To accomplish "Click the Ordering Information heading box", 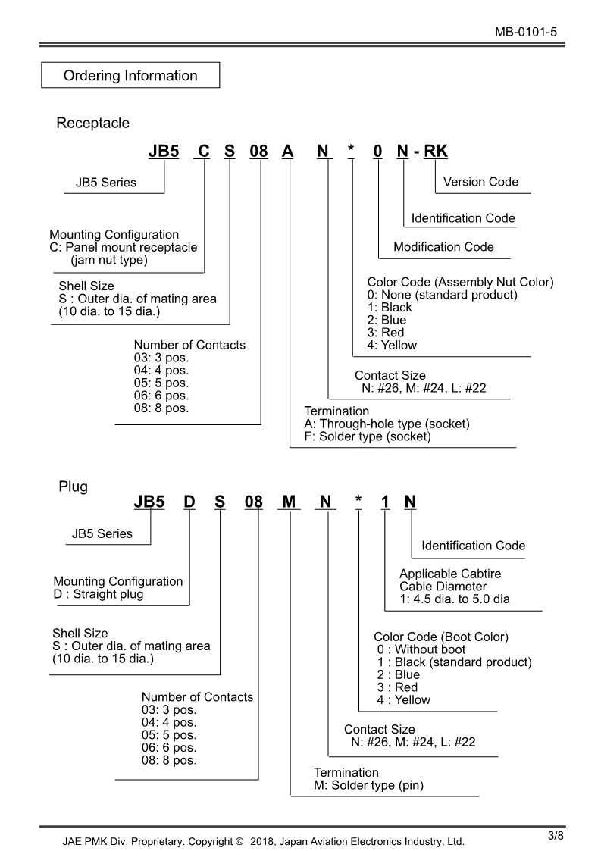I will click(x=130, y=76).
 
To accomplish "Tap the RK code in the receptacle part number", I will click(x=436, y=151).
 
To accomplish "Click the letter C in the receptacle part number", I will click(x=203, y=151).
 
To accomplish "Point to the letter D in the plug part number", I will click(x=189, y=502).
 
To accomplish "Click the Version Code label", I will click(x=480, y=182).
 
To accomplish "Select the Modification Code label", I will click(x=443, y=247).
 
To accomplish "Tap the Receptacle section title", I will click(x=92, y=123).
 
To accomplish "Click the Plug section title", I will click(x=73, y=487).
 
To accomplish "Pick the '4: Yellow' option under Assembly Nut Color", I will click(x=392, y=346).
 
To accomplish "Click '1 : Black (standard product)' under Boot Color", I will click(x=454, y=662).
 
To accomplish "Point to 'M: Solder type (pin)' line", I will click(x=368, y=786).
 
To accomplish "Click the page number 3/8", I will click(x=556, y=836).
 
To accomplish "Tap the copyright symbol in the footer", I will click(x=239, y=841).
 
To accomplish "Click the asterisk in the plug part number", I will click(x=358, y=502).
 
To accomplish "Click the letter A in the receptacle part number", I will click(x=288, y=151).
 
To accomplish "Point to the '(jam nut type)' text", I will click(x=109, y=260).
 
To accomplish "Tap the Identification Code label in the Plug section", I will click(x=473, y=546).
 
